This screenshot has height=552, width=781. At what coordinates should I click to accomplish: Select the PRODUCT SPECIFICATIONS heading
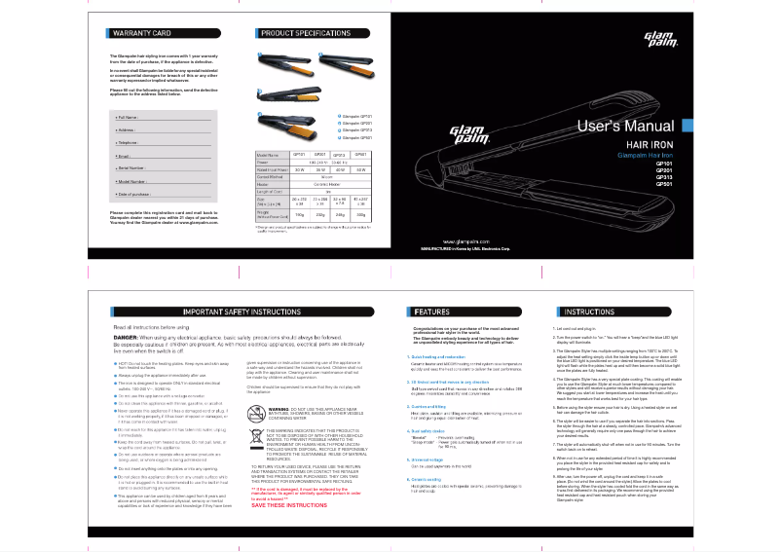point(305,33)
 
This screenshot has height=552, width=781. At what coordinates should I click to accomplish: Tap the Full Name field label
point(129,116)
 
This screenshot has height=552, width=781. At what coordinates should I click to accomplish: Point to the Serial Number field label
point(133,168)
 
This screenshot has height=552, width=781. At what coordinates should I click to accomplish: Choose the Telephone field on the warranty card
point(130,142)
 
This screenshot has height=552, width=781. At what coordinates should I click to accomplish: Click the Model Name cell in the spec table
point(268,155)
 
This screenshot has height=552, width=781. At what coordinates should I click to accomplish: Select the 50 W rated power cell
point(360,169)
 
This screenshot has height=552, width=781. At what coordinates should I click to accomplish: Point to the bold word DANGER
point(128,337)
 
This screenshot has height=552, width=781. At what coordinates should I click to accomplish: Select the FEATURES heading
point(431,313)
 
